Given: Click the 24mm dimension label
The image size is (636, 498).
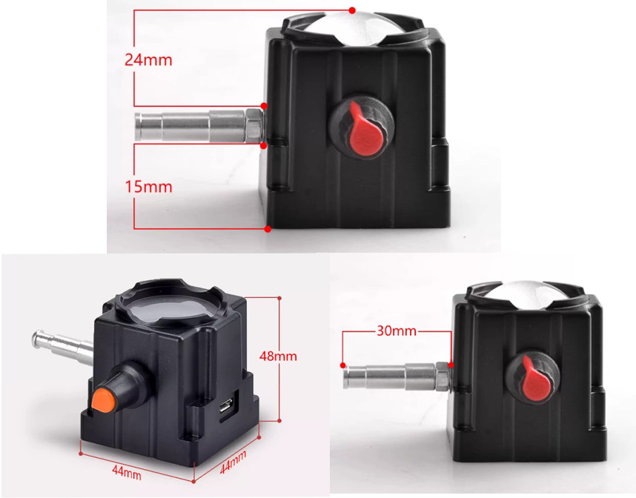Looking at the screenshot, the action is (148, 60).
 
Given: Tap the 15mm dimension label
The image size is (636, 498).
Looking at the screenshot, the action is (148, 187).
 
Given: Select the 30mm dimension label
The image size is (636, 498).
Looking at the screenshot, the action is (397, 331).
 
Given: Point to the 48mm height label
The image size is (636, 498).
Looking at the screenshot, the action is (278, 356).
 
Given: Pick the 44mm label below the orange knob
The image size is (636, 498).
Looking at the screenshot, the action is (127, 473).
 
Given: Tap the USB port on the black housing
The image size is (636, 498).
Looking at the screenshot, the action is (225, 405).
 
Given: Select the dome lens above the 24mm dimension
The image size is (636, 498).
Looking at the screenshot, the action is (351, 28).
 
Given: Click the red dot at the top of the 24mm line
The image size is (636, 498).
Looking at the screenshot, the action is (352, 10).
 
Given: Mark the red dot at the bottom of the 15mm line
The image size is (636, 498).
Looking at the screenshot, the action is (268, 229).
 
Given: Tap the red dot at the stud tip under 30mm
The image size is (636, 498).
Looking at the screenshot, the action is (343, 365).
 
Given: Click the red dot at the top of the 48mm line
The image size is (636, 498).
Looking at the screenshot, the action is (279, 298).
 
